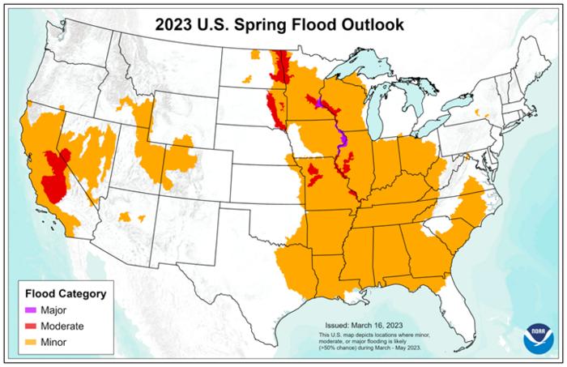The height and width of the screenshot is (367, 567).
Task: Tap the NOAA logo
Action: (538, 335)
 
